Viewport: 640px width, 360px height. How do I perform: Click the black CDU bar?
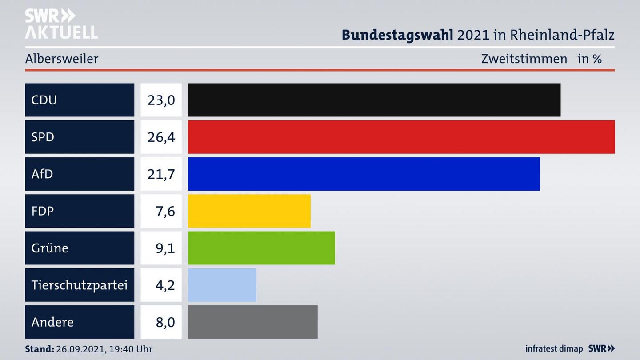(374, 100)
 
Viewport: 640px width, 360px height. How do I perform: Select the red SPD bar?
(401, 137)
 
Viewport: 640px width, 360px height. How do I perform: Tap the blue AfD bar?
(364, 174)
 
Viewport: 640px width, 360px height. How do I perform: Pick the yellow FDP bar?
(249, 211)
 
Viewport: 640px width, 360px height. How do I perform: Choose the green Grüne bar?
(261, 248)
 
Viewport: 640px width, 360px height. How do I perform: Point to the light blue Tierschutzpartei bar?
(222, 285)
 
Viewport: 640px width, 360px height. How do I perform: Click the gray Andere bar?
(252, 322)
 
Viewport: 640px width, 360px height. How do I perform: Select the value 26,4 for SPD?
(161, 137)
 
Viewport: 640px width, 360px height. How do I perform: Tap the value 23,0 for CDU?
(161, 100)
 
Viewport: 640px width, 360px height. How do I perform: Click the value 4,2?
(165, 285)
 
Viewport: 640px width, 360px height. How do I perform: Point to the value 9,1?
(165, 248)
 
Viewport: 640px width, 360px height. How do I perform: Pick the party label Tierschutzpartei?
(79, 285)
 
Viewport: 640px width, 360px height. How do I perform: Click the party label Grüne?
(50, 248)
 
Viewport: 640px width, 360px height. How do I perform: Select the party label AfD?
(42, 174)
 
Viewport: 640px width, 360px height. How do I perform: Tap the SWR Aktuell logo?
(61, 24)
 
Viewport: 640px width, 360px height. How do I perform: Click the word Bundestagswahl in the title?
(397, 35)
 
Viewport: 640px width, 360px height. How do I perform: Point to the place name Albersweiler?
(62, 59)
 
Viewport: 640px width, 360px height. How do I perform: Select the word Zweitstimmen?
(524, 59)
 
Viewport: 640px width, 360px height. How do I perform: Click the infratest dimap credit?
(554, 349)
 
